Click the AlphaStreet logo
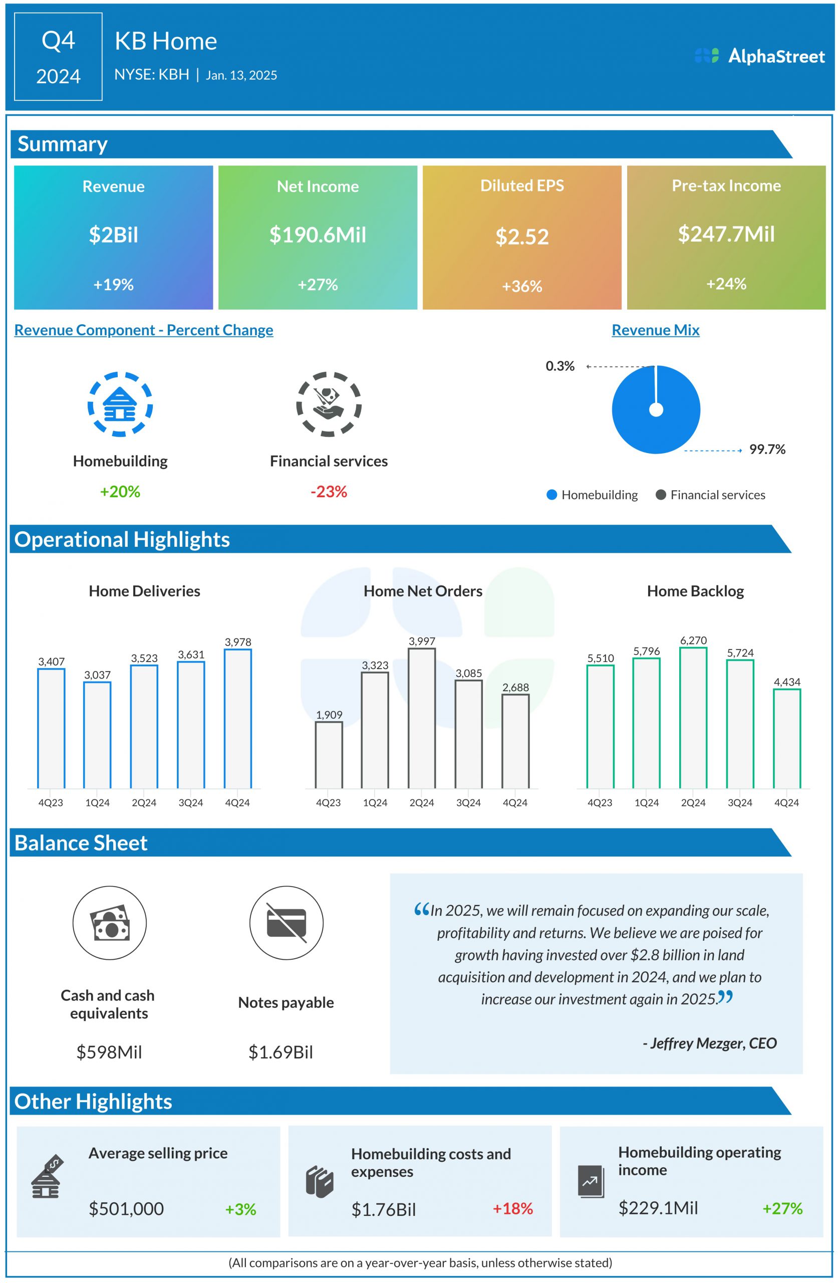tap(759, 56)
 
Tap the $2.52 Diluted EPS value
tap(521, 237)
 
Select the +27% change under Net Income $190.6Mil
tap(318, 285)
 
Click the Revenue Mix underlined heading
tap(655, 330)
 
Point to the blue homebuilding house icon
tap(120, 404)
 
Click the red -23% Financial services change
tap(329, 492)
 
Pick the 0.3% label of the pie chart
tap(560, 366)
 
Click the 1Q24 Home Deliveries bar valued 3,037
tap(98, 735)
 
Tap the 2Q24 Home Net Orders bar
tap(422, 718)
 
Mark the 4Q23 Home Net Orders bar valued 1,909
tap(329, 755)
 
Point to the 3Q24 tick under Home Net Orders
tap(468, 803)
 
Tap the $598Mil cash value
tap(109, 1052)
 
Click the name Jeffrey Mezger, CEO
tap(710, 1043)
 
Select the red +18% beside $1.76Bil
tap(512, 1209)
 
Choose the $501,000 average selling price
tap(126, 1209)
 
